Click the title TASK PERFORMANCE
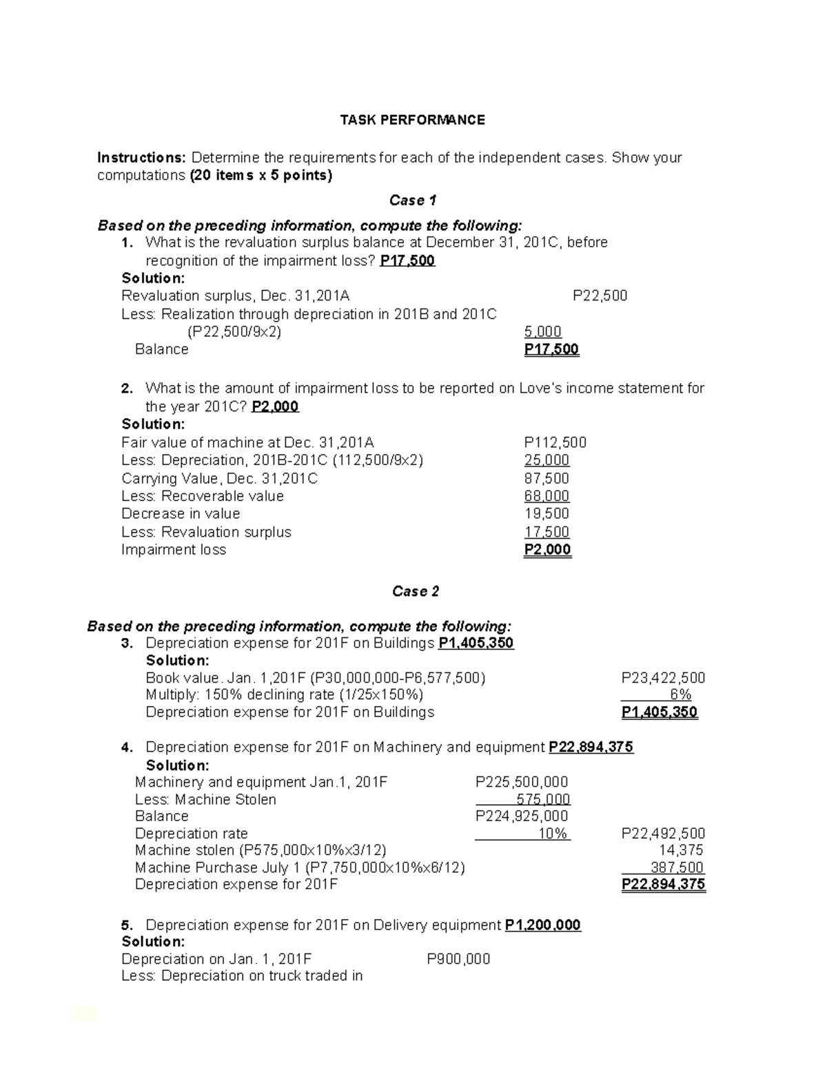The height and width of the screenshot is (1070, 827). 412,120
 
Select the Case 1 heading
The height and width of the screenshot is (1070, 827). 412,200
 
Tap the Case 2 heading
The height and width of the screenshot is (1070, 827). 415,591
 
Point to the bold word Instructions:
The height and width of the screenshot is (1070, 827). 141,158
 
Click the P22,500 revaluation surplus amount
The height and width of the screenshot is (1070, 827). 600,296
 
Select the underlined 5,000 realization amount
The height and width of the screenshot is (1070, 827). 542,331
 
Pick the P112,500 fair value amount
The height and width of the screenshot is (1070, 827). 555,442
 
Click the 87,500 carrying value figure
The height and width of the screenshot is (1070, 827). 547,478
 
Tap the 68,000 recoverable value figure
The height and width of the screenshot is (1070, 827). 547,496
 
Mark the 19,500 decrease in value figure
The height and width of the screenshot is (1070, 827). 547,513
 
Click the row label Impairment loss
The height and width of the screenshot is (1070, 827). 174,550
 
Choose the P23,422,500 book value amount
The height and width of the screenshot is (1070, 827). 662,678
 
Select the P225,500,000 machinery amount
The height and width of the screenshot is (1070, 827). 522,782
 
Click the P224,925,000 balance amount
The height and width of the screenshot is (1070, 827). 522,816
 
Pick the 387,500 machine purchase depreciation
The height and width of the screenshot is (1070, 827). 677,867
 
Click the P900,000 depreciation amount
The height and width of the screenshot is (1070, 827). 458,959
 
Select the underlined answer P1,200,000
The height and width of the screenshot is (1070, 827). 542,925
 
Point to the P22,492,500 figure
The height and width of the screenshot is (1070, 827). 663,834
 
